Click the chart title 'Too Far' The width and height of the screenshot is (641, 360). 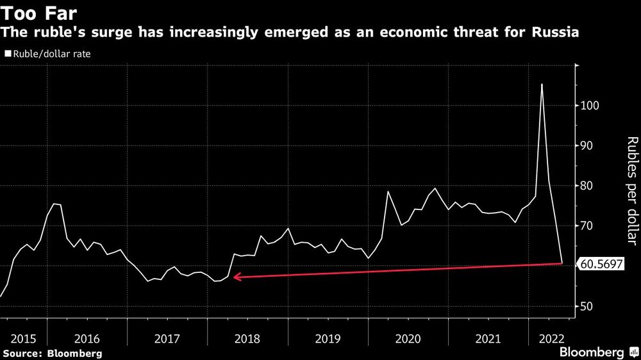point(38,12)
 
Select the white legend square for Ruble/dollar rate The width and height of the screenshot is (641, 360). point(8,54)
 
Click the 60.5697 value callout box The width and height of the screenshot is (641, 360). point(601,263)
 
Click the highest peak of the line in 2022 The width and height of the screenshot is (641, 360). point(542,85)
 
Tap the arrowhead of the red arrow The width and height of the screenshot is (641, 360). point(235,277)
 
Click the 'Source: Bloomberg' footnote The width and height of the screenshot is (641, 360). point(52,353)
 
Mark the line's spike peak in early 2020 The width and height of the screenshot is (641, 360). point(388,192)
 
